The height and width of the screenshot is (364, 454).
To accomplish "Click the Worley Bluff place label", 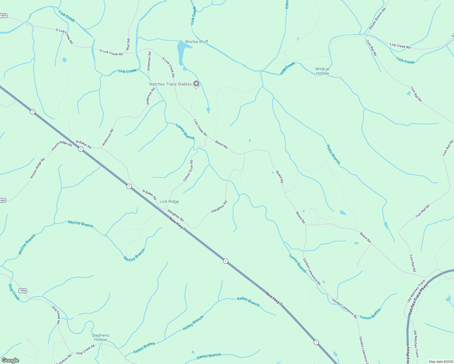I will point(197,42).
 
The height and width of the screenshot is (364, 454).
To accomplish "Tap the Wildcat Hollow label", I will point(322,71).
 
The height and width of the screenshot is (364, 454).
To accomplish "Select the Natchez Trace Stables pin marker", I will point(196,83).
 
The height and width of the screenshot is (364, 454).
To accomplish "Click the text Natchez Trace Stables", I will point(170,84).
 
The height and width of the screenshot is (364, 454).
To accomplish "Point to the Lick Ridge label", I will point(169,201).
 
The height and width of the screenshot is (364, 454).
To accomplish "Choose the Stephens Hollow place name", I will point(100,337).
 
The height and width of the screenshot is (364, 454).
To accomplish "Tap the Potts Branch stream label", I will point(333,154).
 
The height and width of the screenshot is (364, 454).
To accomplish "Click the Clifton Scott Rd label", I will point(188,171).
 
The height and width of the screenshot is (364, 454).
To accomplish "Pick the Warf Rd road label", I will point(128,45).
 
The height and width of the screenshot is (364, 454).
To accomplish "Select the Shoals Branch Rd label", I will point(377,19).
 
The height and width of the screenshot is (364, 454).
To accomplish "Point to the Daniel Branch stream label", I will point(208,356).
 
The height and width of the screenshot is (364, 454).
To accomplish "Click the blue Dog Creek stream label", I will point(14,292).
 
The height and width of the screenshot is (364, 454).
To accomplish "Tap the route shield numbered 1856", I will point(23,291).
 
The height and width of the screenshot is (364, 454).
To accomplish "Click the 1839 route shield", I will point(3,15).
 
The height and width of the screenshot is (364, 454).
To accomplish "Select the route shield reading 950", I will point(3,200).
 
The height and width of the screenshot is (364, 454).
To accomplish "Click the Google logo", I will point(10,360).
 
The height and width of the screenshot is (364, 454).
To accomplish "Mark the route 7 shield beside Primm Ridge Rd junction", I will point(81,149).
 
